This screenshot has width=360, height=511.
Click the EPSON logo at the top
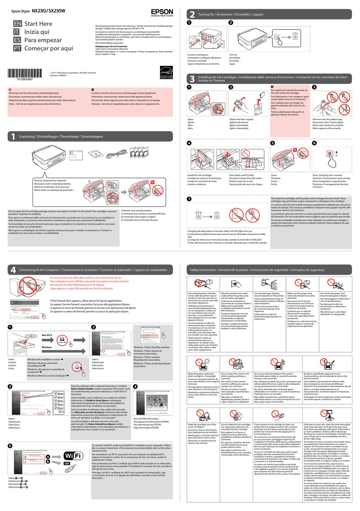162,12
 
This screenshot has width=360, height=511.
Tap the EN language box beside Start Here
17,24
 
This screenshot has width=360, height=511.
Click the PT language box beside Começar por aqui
17,48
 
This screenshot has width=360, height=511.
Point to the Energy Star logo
166,72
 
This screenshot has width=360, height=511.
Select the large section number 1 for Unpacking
13,137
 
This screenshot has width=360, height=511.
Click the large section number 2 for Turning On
192,14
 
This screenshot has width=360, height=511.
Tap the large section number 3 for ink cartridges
192,79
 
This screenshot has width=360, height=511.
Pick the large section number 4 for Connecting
13,270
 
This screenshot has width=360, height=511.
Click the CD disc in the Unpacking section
95,153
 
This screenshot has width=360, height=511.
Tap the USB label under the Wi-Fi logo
67,463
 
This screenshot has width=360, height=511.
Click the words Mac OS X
47,335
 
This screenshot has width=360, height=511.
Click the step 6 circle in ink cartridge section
314,143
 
